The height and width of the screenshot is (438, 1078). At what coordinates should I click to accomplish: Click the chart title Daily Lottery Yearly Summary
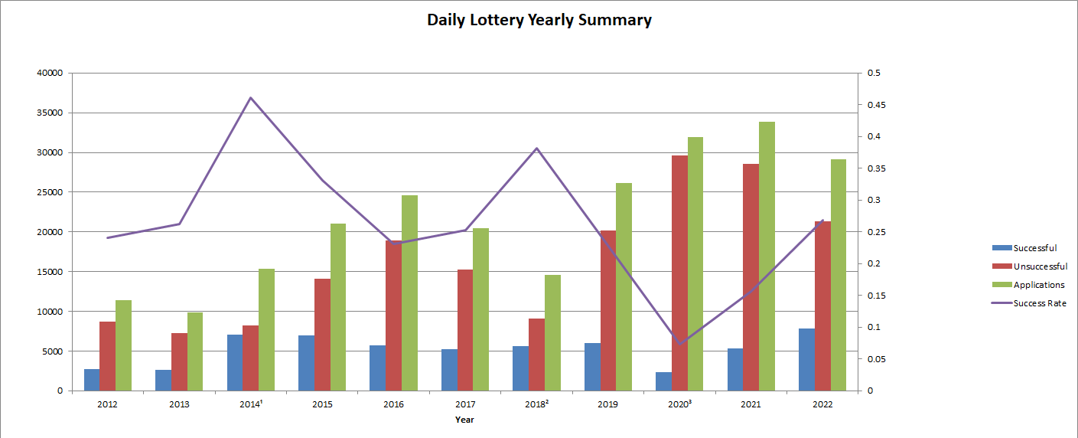539,21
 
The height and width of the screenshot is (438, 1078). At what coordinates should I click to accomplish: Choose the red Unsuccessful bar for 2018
536,355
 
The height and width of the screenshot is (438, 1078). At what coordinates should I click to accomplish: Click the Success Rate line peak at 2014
250,98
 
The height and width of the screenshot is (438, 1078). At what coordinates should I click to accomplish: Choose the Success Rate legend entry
1039,303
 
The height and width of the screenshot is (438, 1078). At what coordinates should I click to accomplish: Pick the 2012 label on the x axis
107,404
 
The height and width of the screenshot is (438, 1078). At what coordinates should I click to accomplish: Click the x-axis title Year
464,420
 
